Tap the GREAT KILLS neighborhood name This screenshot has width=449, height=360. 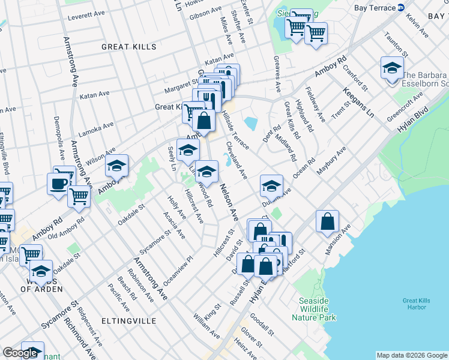(x=128, y=47)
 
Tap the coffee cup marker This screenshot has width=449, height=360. (x=58, y=184)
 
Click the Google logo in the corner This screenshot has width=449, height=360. (x=20, y=353)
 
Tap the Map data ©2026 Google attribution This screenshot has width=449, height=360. (x=412, y=355)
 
